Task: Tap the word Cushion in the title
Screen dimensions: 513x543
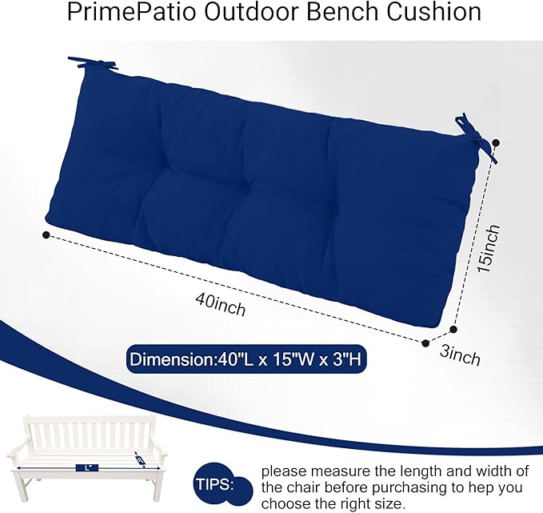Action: click(x=433, y=14)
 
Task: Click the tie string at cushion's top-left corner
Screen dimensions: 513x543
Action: click(x=84, y=62)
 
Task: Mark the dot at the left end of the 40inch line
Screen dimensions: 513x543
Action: click(x=46, y=234)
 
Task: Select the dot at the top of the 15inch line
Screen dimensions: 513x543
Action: click(x=496, y=143)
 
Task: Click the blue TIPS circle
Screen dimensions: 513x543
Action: click(x=215, y=484)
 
